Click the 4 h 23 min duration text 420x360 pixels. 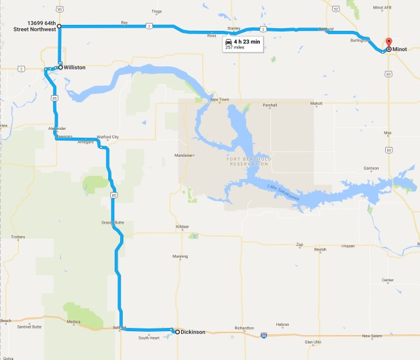coord(247,41)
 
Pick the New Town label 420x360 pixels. coord(219,99)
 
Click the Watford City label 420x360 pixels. coord(108,137)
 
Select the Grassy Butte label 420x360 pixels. coord(112,222)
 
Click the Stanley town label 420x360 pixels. coord(234,29)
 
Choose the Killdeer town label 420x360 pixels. coord(182,227)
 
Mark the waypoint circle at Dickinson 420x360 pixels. coord(177,332)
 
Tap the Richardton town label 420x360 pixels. coord(243,328)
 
